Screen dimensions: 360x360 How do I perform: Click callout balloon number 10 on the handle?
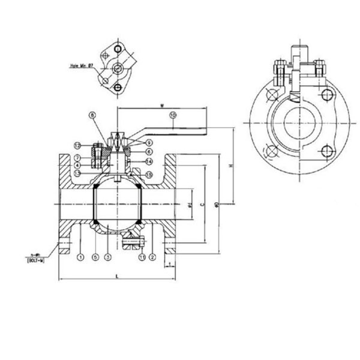click(x=172, y=114)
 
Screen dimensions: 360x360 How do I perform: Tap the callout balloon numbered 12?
click(x=78, y=146)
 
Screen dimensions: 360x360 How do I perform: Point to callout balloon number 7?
click(x=78, y=157)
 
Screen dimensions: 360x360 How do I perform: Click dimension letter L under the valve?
click(x=116, y=275)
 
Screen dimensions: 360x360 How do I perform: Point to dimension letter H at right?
click(x=230, y=165)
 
